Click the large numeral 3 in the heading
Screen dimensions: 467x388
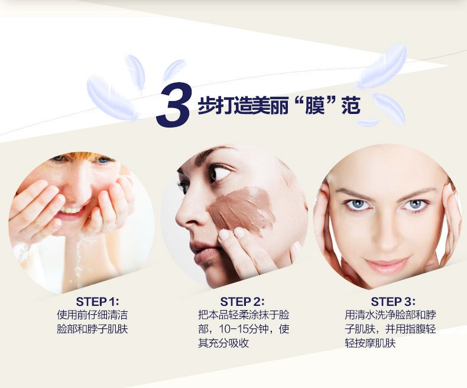173,105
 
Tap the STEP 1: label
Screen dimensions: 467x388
98,301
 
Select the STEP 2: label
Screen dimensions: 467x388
242,301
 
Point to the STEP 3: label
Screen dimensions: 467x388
393,301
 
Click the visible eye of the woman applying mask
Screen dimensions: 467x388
220,173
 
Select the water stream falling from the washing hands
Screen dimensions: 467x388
79,259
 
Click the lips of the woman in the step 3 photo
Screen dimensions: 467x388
386,265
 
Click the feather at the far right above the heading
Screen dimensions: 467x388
382,66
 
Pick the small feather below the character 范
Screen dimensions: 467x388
368,122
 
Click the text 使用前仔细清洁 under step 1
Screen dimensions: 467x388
92,315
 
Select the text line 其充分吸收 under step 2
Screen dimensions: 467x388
223,343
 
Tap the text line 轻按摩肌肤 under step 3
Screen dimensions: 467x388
370,343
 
